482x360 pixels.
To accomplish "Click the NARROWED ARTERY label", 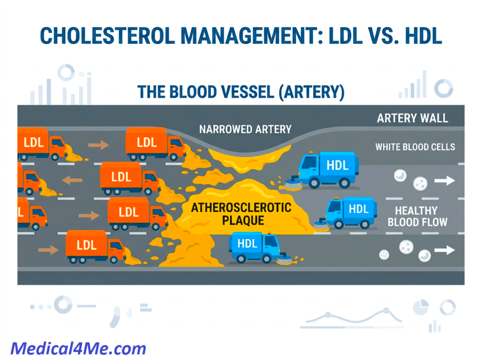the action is (x=245, y=129).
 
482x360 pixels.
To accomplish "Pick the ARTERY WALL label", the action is (x=412, y=118).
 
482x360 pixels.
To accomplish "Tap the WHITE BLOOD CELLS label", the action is (x=415, y=147).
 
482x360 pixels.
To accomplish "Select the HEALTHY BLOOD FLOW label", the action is (x=417, y=216).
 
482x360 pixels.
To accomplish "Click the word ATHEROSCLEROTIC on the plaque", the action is (x=241, y=208).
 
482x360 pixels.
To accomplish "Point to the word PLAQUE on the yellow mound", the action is (x=243, y=220).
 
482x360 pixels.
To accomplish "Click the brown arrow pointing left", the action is (x=72, y=180).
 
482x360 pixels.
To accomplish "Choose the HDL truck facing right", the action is (x=255, y=248).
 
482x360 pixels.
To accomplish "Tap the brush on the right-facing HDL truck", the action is (x=284, y=259).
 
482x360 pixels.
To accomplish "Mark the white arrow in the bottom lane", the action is (x=444, y=250).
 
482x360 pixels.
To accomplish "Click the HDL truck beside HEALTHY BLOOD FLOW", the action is (x=351, y=212).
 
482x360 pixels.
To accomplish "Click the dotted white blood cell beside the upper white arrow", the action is (x=420, y=184).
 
